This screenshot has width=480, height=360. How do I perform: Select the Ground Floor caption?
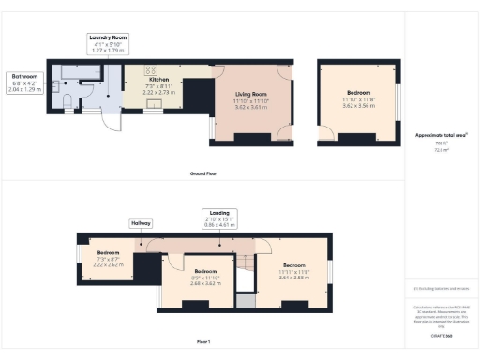point(204,173)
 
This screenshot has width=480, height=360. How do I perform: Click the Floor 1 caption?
point(202,341)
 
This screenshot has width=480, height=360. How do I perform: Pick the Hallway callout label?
point(141,223)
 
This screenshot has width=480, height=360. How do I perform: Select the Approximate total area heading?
point(442,135)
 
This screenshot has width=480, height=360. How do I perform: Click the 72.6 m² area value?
point(441,150)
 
